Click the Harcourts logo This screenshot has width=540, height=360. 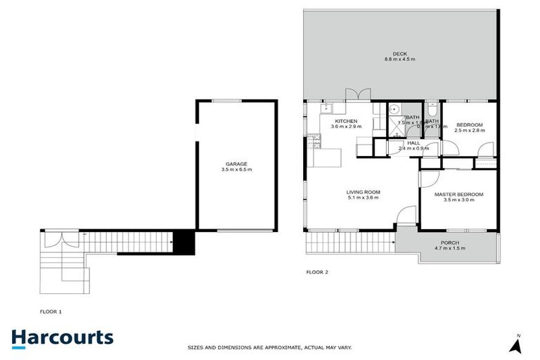tap(62, 337)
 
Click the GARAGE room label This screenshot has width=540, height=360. tap(236, 164)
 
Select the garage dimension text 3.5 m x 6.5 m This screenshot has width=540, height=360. tap(236, 170)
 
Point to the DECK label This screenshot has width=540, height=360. tap(400, 53)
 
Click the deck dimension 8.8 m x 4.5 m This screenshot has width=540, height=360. tap(400, 59)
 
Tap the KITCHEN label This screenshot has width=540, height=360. tap(347, 121)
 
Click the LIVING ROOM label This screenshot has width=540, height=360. tap(363, 192)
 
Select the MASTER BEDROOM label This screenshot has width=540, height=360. tap(459, 194)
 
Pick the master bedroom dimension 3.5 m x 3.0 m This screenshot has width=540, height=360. tap(459, 200)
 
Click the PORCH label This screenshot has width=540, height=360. tap(449, 242)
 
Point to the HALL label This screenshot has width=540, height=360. tap(413, 143)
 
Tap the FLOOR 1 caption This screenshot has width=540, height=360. tap(51, 310)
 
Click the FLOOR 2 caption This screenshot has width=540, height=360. tap(317, 271)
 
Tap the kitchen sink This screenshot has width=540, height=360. tap(328, 108)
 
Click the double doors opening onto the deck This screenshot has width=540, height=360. tap(359, 96)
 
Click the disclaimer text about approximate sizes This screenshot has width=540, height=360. tap(269, 347)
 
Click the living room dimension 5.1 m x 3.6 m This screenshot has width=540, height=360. tap(363, 198)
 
